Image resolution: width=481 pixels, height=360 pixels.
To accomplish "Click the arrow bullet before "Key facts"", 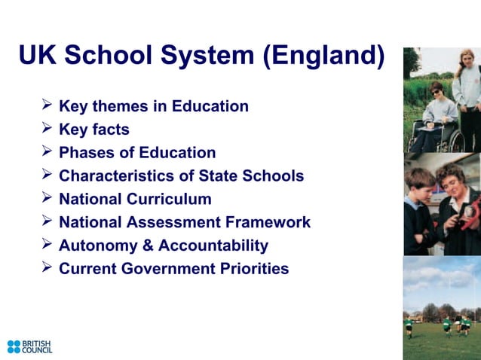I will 47,129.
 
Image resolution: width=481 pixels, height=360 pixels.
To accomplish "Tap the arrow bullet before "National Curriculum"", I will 47,199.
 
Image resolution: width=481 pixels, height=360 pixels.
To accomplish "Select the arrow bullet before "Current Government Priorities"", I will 47,268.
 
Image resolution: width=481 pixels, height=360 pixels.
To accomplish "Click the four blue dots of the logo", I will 14,346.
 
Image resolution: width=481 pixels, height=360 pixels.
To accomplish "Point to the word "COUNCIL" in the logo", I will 38,351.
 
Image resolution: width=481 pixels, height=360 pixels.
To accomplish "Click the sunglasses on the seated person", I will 437,91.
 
